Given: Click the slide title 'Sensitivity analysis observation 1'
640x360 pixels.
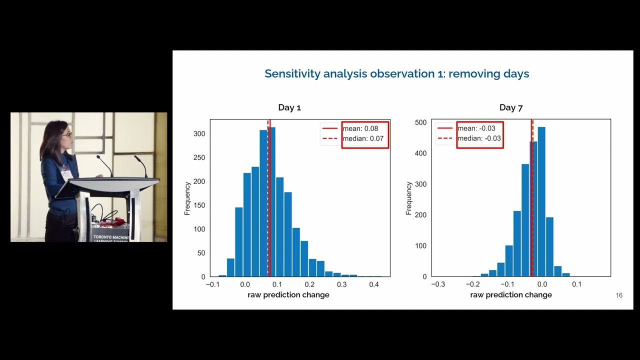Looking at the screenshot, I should coord(396,74).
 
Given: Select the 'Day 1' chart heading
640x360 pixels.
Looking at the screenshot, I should coord(289,107).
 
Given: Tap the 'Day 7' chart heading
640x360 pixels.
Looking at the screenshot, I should coord(510,107).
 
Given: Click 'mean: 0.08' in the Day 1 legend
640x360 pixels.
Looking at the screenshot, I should coord(360,128).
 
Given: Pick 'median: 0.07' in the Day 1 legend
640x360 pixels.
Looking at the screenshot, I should coord(362,138).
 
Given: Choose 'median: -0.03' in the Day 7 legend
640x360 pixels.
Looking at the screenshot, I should coord(479,138).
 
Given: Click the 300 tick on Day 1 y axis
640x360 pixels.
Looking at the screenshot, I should coord(199,133).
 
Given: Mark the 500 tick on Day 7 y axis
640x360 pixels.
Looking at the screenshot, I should coord(421,122).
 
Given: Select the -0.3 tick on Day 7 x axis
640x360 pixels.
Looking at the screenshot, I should coord(438,284).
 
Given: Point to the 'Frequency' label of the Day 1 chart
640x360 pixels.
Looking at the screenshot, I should coord(187,198).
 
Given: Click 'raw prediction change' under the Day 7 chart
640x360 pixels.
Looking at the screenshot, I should coord(511,295).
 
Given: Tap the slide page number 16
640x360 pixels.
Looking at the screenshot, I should coord(619,295).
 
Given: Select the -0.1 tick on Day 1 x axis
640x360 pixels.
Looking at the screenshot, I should coord(212,284).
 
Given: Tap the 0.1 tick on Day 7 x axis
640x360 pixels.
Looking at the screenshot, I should coord(576,284).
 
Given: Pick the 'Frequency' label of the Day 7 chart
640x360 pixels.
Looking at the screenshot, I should coord(409,198).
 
